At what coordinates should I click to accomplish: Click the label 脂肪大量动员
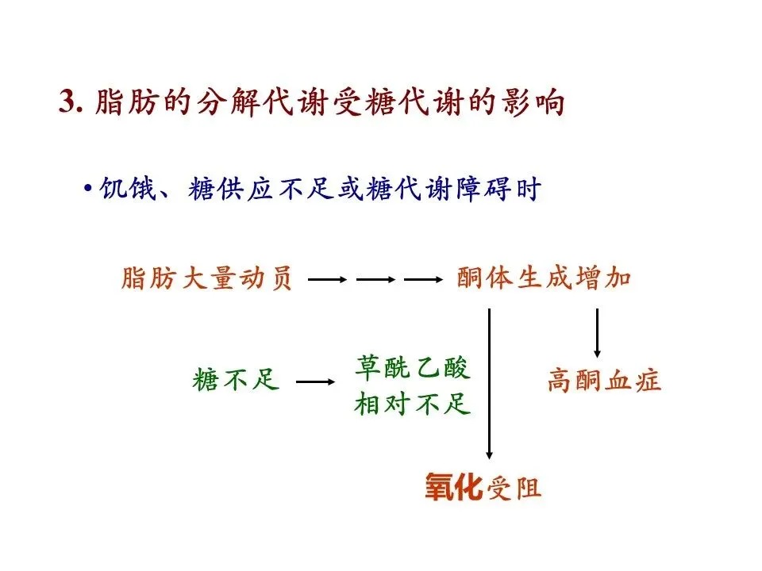pos(206,279)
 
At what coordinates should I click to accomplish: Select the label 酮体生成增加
pos(544,279)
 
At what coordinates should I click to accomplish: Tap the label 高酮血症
pos(604,381)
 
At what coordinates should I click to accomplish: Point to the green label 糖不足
pos(236,381)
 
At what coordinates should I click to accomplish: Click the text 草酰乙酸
pos(412,368)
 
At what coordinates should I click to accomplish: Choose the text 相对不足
pos(412,404)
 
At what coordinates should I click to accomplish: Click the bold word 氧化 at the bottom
pos(452,487)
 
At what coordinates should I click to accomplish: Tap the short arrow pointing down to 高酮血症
pos(597,332)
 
